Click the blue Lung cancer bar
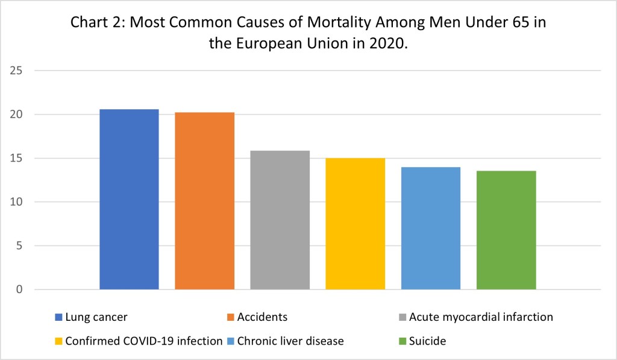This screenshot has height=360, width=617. [x=129, y=199]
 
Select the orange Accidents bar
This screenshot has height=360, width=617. [x=205, y=201]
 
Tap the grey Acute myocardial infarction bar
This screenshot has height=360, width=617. [x=280, y=219]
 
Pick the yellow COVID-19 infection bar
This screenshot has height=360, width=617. [x=355, y=224]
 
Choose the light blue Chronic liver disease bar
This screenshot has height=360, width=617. [x=431, y=228]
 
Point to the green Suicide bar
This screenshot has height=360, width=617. [x=506, y=230]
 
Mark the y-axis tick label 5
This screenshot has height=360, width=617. [x=19, y=246]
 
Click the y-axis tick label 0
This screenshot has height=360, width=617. [x=19, y=289]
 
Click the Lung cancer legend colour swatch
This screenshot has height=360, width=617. [x=58, y=317]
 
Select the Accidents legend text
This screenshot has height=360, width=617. [x=262, y=317]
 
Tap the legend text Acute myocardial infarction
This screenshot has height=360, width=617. [x=480, y=317]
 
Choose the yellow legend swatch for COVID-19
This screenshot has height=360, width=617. [x=58, y=341]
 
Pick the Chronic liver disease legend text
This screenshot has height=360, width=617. [x=292, y=341]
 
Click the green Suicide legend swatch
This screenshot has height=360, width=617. [x=402, y=341]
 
